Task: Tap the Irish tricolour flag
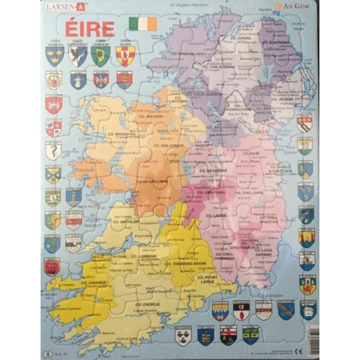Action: (143, 24)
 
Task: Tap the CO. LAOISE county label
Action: (217, 215)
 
